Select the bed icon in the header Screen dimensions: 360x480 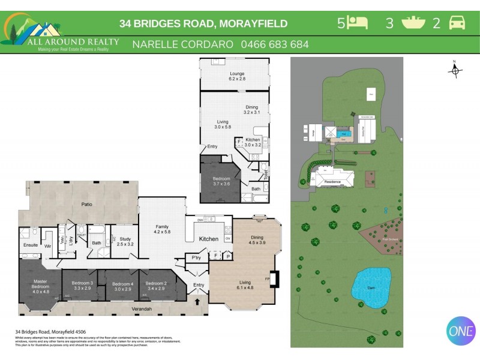pyautogui.click(x=358, y=23)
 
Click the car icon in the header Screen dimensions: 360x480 pyautogui.click(x=457, y=23)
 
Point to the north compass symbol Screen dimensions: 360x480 pyautogui.click(x=455, y=70)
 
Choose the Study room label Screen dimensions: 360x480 pyautogui.click(x=125, y=242)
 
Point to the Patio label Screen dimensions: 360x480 pyautogui.click(x=87, y=205)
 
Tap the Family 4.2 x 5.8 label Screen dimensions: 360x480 pyautogui.click(x=162, y=229)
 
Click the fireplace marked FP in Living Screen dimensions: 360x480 pyautogui.click(x=274, y=280)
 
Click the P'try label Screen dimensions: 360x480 pyautogui.click(x=196, y=257)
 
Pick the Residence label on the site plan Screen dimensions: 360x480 pyautogui.click(x=332, y=182)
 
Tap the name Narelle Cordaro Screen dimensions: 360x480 pyautogui.click(x=182, y=44)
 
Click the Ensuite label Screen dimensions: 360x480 pyautogui.click(x=30, y=245)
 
